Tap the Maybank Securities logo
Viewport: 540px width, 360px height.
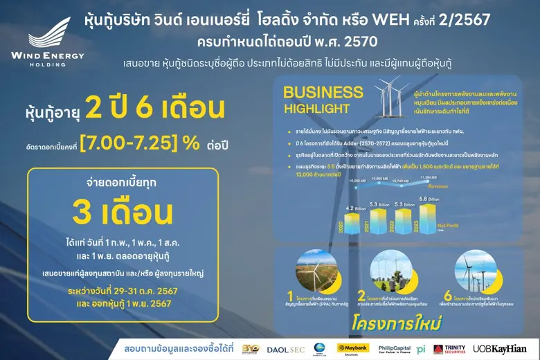coord(352,348)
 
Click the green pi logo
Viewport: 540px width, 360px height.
coord(421,348)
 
